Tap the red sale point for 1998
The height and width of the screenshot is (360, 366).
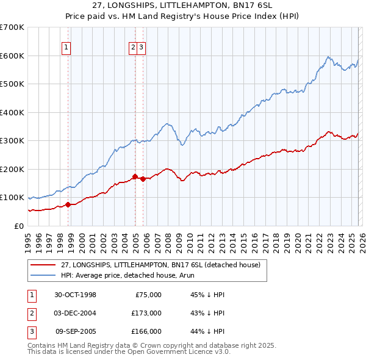pyautogui.click(x=68, y=205)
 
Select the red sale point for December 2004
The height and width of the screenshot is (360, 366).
pyautogui.click(x=135, y=177)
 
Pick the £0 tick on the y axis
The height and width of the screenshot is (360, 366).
pyautogui.click(x=20, y=226)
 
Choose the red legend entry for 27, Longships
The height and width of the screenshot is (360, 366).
pyautogui.click(x=160, y=265)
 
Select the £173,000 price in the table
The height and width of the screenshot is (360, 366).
pyautogui.click(x=146, y=313)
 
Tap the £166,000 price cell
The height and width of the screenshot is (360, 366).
pyautogui.click(x=146, y=331)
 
